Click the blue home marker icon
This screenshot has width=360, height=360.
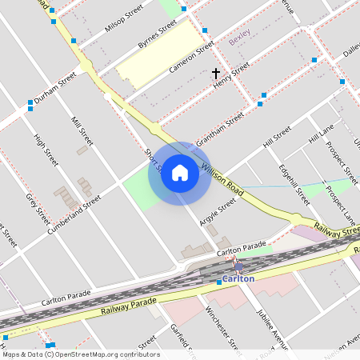tap(180, 173)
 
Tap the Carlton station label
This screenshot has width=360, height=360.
tap(238, 278)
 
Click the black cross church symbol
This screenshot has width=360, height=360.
tap(215, 73)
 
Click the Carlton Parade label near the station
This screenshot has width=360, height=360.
tap(241, 249)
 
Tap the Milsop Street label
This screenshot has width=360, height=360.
tap(123, 17)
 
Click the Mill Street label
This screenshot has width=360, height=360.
tap(82, 131)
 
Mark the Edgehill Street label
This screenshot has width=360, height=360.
tap(294, 185)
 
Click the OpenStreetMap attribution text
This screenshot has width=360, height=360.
tap(80, 354)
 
